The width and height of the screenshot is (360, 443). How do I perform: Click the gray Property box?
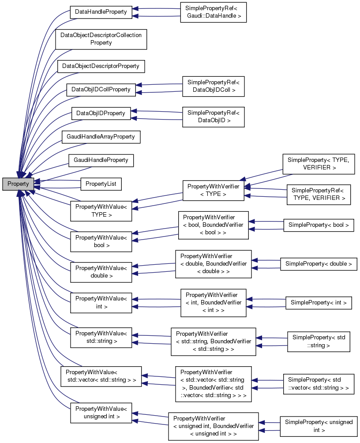[18, 184]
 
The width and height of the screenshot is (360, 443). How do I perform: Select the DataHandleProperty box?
[101, 12]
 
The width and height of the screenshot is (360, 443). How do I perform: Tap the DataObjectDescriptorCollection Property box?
[101, 39]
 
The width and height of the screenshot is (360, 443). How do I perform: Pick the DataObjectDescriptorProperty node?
[101, 66]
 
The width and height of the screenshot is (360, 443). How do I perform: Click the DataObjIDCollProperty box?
[101, 90]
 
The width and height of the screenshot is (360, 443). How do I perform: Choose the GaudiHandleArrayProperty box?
[101, 137]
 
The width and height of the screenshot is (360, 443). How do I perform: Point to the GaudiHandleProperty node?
[101, 160]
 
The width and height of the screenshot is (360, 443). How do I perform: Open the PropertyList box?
[101, 184]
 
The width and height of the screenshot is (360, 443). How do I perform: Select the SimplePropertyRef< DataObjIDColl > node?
[213, 86]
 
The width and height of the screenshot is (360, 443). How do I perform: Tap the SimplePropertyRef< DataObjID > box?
[213, 116]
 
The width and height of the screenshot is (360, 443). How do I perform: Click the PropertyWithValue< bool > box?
[101, 241]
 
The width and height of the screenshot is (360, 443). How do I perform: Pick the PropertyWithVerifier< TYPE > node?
[213, 191]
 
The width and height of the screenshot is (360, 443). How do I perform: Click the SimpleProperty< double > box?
[319, 264]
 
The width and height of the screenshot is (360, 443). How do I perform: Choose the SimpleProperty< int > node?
[319, 303]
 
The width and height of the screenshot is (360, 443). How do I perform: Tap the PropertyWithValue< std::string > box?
[101, 338]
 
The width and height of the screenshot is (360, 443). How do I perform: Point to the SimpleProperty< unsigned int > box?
[319, 426]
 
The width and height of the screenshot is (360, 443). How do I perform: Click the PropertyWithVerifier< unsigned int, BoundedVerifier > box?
[213, 426]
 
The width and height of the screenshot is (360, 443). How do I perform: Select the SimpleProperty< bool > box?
[319, 225]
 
